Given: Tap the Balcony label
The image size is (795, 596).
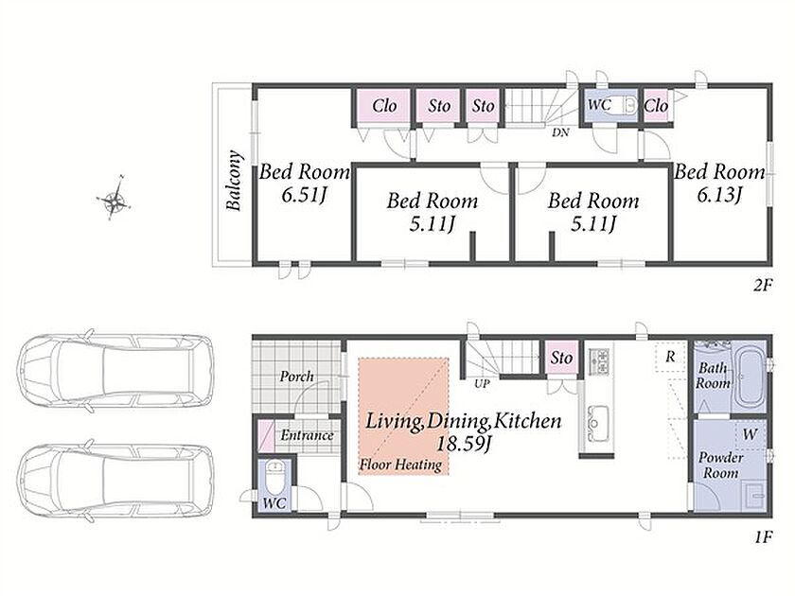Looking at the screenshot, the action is click(x=234, y=180).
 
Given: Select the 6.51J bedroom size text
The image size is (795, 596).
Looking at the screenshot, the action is click(x=303, y=195).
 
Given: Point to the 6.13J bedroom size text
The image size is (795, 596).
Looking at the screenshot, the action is click(x=719, y=194).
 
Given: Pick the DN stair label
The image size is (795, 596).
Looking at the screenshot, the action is click(x=560, y=132).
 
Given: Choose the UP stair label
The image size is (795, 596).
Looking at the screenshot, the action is click(x=482, y=384).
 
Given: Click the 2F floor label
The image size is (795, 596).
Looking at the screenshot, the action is click(x=762, y=286).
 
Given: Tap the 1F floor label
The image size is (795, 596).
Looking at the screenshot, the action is click(x=763, y=537).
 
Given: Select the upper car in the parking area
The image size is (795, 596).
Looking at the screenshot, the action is click(x=115, y=371).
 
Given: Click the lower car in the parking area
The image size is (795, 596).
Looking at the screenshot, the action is click(x=115, y=482).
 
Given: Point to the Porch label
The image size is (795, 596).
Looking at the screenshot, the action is click(x=296, y=377).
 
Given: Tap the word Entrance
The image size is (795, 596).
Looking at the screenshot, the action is click(x=308, y=435).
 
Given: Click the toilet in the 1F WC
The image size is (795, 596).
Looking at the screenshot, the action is click(x=274, y=478).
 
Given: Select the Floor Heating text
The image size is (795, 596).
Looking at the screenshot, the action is click(x=400, y=465).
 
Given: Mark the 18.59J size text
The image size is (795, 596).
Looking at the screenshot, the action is click(x=464, y=444).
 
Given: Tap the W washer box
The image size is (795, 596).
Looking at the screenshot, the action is click(x=750, y=434).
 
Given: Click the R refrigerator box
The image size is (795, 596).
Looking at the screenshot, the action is click(x=670, y=358).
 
